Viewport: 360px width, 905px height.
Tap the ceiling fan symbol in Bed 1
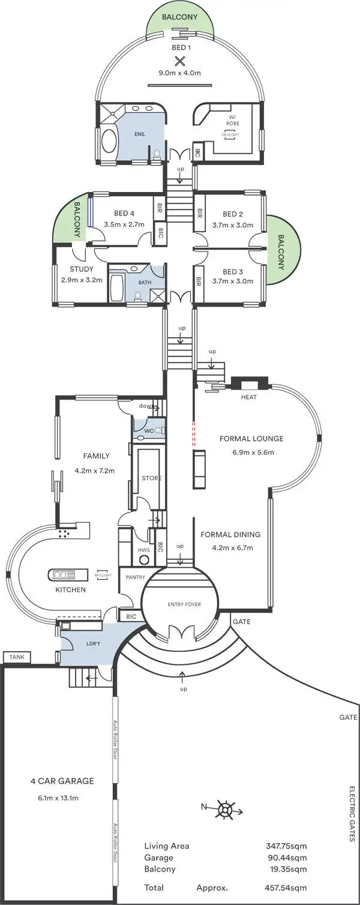(x=179, y=60)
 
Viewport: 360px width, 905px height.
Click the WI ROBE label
(x=232, y=119)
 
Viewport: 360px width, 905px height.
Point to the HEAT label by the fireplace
(x=249, y=397)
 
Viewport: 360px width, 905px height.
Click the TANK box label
(x=16, y=658)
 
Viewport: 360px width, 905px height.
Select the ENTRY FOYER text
(x=184, y=604)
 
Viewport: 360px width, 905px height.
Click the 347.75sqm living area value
(x=286, y=846)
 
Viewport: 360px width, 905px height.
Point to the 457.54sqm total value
(x=286, y=886)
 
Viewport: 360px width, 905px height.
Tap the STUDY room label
(x=81, y=269)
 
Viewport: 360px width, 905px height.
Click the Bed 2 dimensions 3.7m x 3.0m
(x=238, y=226)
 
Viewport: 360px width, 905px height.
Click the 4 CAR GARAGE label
(x=62, y=781)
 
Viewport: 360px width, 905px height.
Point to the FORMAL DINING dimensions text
(x=232, y=547)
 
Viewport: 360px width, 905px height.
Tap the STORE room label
(x=151, y=478)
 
